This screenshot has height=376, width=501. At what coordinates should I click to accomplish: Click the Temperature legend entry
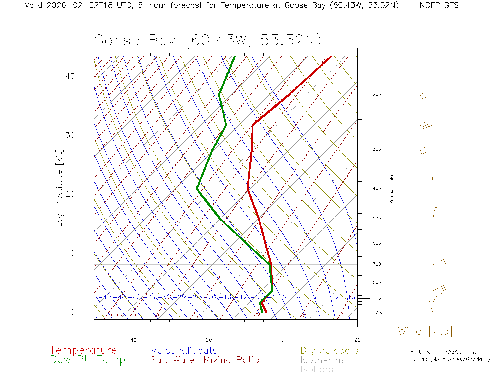(83, 350)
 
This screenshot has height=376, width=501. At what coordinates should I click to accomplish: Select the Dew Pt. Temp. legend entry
(90, 360)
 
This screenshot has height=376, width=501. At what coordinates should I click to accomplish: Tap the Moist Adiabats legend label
(184, 350)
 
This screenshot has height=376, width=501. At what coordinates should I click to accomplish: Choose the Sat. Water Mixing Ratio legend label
(205, 360)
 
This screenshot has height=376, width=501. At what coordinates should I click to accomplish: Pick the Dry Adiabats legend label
(330, 350)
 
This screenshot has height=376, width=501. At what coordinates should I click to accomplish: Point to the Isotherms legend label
(323, 360)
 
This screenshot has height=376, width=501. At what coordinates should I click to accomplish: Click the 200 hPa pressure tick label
(377, 94)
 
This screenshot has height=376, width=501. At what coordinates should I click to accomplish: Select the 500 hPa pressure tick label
(377, 219)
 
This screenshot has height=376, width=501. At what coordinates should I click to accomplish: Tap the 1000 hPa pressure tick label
(378, 313)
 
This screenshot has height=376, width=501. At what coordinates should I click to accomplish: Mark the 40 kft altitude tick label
(70, 76)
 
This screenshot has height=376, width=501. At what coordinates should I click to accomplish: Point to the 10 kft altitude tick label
(70, 253)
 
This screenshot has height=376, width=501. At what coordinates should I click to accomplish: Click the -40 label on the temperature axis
(132, 340)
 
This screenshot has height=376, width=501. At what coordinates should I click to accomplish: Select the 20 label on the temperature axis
(357, 340)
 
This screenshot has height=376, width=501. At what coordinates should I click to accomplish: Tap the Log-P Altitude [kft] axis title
(59, 188)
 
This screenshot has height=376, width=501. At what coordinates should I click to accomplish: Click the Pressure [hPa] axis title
(392, 187)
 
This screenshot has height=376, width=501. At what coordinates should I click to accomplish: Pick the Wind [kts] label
(425, 331)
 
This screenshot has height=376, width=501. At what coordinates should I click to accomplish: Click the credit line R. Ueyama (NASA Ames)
(443, 352)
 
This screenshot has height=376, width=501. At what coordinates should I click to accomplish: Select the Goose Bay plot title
(207, 40)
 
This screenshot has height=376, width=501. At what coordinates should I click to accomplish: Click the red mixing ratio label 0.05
(115, 315)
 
